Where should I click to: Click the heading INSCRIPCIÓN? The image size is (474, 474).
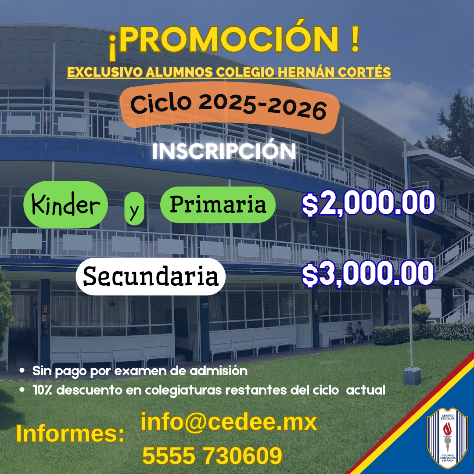pos(224,151)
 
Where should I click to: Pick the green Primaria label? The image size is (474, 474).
pos(218,205)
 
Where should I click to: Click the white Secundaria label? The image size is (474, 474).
pos(151,276)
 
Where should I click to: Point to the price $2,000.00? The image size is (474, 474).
pos(368,204)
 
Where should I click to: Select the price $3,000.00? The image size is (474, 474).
pos(368,274)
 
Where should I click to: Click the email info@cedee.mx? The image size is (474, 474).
pos(229,422)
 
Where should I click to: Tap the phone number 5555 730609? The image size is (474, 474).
pos(212,456)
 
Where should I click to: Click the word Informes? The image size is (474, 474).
pos(70,434)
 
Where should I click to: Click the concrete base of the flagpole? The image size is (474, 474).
pos(412,376)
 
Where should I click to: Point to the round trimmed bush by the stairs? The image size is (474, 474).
pos(422,312)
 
